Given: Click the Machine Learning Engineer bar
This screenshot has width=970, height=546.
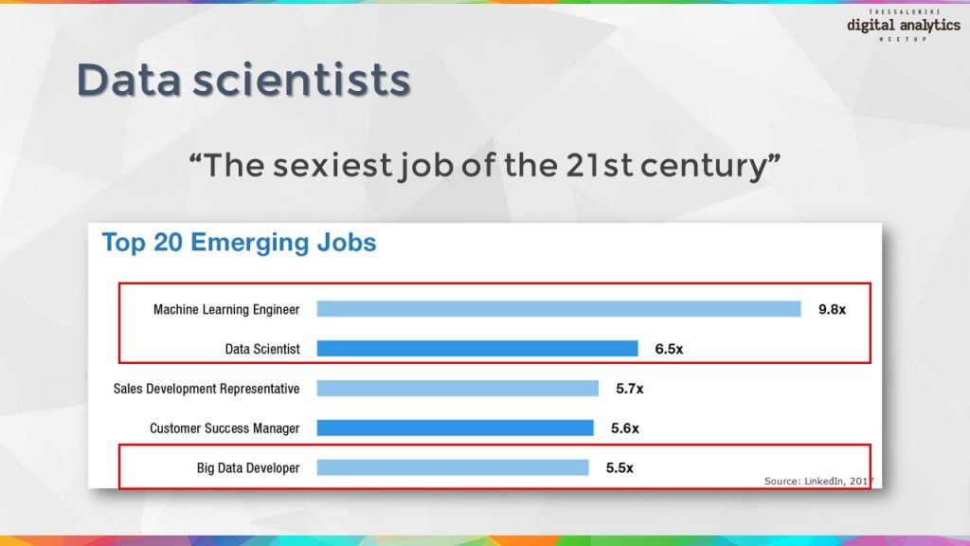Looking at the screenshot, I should coord(559,309).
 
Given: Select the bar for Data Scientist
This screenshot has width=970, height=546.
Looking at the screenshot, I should coord(477,349).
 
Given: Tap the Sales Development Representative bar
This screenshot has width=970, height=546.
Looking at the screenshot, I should coord(458,389).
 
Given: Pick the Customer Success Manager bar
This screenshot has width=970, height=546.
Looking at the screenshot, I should coord(455,428).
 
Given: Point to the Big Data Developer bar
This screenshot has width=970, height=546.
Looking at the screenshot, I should coord(453,467).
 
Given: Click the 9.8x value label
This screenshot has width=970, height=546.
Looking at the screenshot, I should coord(832,309).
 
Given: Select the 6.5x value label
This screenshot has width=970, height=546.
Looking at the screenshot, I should coord(669,349).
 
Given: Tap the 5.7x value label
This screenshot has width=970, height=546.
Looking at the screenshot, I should coord(629,389).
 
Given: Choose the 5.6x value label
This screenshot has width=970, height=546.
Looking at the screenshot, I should coord(624,428).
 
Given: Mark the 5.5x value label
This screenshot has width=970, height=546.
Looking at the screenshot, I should coord(620,467).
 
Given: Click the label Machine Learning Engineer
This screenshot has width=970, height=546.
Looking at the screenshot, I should coord(226,309).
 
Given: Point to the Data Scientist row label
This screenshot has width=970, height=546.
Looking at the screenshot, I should coord(262,349).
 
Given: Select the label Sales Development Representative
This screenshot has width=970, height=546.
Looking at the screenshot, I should coord(207,389).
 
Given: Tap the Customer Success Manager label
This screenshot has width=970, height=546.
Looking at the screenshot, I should coord(225,428).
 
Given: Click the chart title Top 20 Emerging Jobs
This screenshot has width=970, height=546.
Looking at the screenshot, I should coord(239,243).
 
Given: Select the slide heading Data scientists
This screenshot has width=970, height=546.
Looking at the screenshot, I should coord(243,80).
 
